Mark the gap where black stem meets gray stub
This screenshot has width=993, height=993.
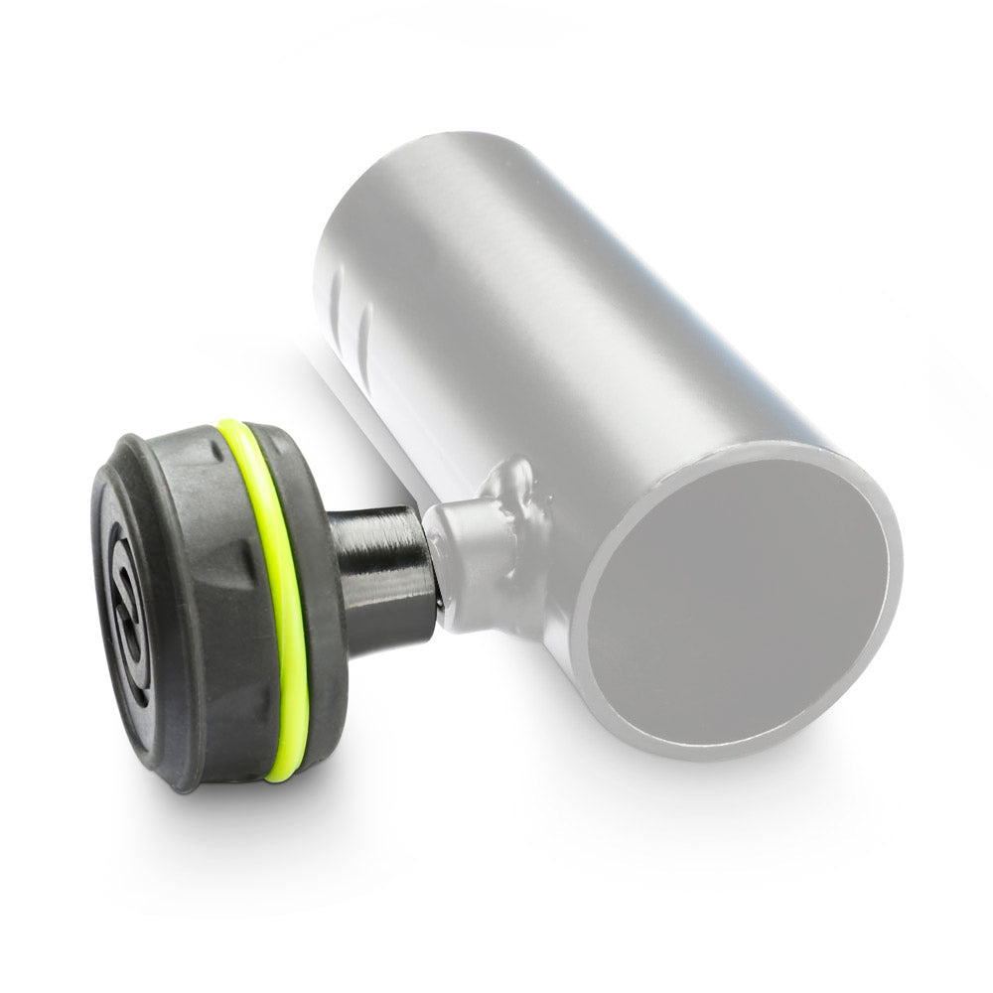click(437, 576)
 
